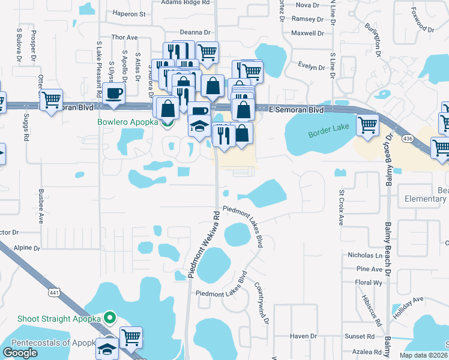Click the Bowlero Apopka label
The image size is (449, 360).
[x=128, y=122]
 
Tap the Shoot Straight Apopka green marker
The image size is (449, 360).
[x=109, y=317]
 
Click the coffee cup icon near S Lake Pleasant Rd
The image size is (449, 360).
[x=113, y=94]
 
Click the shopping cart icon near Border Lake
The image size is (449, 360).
[x=367, y=125]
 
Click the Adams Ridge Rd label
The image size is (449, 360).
[x=185, y=2]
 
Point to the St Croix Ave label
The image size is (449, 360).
[x=341, y=208]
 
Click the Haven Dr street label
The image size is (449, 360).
[x=303, y=337]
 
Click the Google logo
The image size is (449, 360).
[x=20, y=353]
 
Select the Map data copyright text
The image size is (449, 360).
[x=423, y=355]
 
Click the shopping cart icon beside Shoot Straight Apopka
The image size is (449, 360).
[x=131, y=337]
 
